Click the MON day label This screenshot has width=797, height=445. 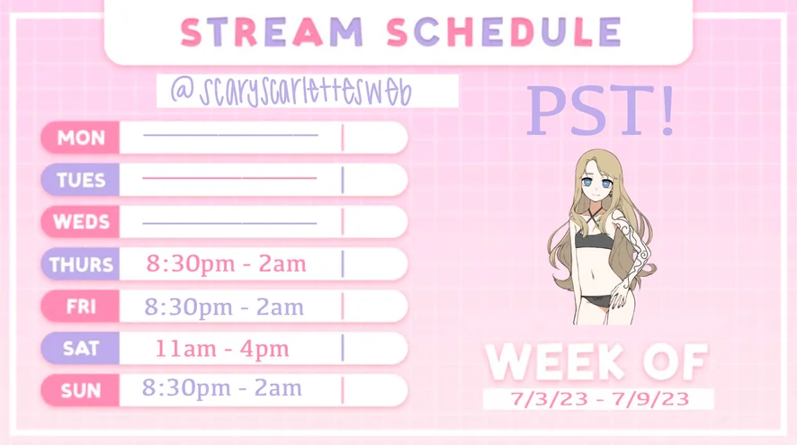click(x=81, y=138)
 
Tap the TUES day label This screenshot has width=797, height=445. click(x=81, y=180)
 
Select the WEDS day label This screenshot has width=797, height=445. click(x=81, y=222)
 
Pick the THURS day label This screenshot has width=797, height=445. click(x=81, y=264)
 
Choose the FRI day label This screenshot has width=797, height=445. click(x=81, y=307)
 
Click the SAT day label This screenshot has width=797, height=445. click(x=81, y=349)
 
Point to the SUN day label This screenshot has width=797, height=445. click(x=81, y=391)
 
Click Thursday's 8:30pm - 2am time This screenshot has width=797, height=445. click(x=226, y=263)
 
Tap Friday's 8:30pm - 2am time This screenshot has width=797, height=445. click(x=224, y=307)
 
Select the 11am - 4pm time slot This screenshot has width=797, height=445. click(x=222, y=349)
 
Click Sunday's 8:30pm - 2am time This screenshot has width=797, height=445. click(x=221, y=387)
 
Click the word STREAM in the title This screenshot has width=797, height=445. click(x=272, y=32)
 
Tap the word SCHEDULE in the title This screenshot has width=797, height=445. click(x=504, y=32)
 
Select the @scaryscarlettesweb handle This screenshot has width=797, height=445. click(x=291, y=91)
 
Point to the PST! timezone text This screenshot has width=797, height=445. click(x=600, y=111)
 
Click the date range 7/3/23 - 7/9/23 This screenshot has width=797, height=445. click(x=600, y=399)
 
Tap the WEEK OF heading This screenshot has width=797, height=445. click(x=596, y=361)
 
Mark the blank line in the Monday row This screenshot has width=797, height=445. click(x=231, y=135)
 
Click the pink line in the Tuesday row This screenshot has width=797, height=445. click(x=229, y=178)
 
